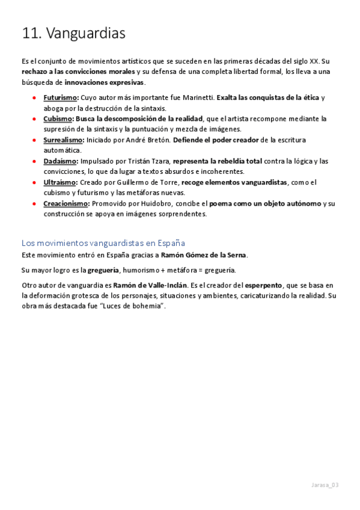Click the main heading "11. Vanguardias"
click(73, 34)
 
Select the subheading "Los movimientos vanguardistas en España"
click(103, 243)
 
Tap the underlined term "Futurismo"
click(60, 97)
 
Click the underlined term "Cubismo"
click(58, 118)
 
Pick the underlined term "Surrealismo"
click(63, 140)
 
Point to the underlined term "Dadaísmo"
click(60, 161)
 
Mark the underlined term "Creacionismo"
click(66, 204)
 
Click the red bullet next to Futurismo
click(35, 97)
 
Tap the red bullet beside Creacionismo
click(35, 204)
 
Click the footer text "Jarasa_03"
click(325, 485)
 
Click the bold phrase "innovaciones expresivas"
click(104, 82)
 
